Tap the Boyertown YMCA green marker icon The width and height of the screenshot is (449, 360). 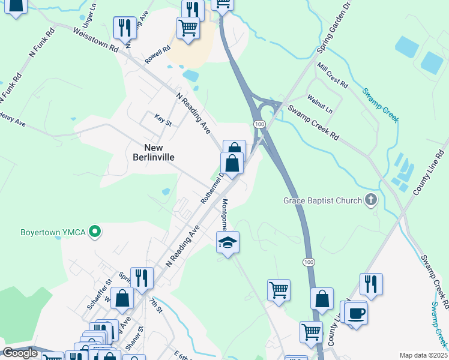click(94, 231)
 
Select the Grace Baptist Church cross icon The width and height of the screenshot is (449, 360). click(371, 200)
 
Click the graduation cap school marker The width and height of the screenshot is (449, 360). click(228, 242)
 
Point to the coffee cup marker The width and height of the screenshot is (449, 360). click(355, 313)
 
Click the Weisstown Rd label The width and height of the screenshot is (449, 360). click(95, 39)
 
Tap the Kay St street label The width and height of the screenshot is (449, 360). click(163, 120)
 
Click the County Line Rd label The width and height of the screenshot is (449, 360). click(427, 172)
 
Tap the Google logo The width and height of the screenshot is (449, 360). click(19, 353)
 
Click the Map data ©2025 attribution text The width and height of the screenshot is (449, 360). click(423, 355)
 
